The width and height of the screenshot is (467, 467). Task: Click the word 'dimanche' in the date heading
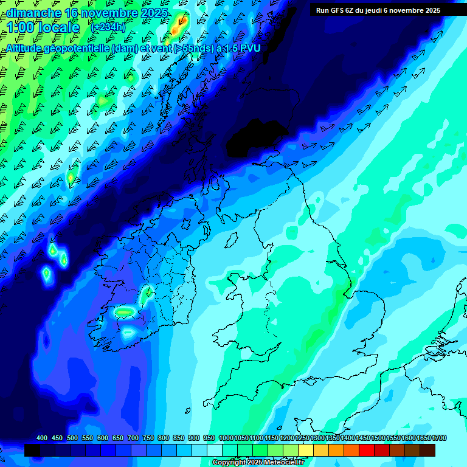[34, 13]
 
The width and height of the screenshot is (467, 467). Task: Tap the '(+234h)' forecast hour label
[108, 27]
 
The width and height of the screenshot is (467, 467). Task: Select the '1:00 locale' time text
[43, 27]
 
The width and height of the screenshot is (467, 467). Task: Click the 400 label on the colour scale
[42, 438]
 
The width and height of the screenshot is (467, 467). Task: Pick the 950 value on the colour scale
[209, 438]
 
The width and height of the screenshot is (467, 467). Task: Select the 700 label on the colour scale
[133, 438]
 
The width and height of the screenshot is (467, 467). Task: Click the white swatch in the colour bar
[215, 450]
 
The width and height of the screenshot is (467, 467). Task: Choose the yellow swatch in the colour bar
[306, 450]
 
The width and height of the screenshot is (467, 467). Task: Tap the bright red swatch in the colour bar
[367, 450]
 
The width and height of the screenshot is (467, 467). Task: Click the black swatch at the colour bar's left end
[32, 450]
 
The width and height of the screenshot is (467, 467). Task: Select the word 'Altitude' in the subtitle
[28, 47]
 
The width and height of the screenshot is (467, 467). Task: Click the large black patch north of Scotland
[255, 137]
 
